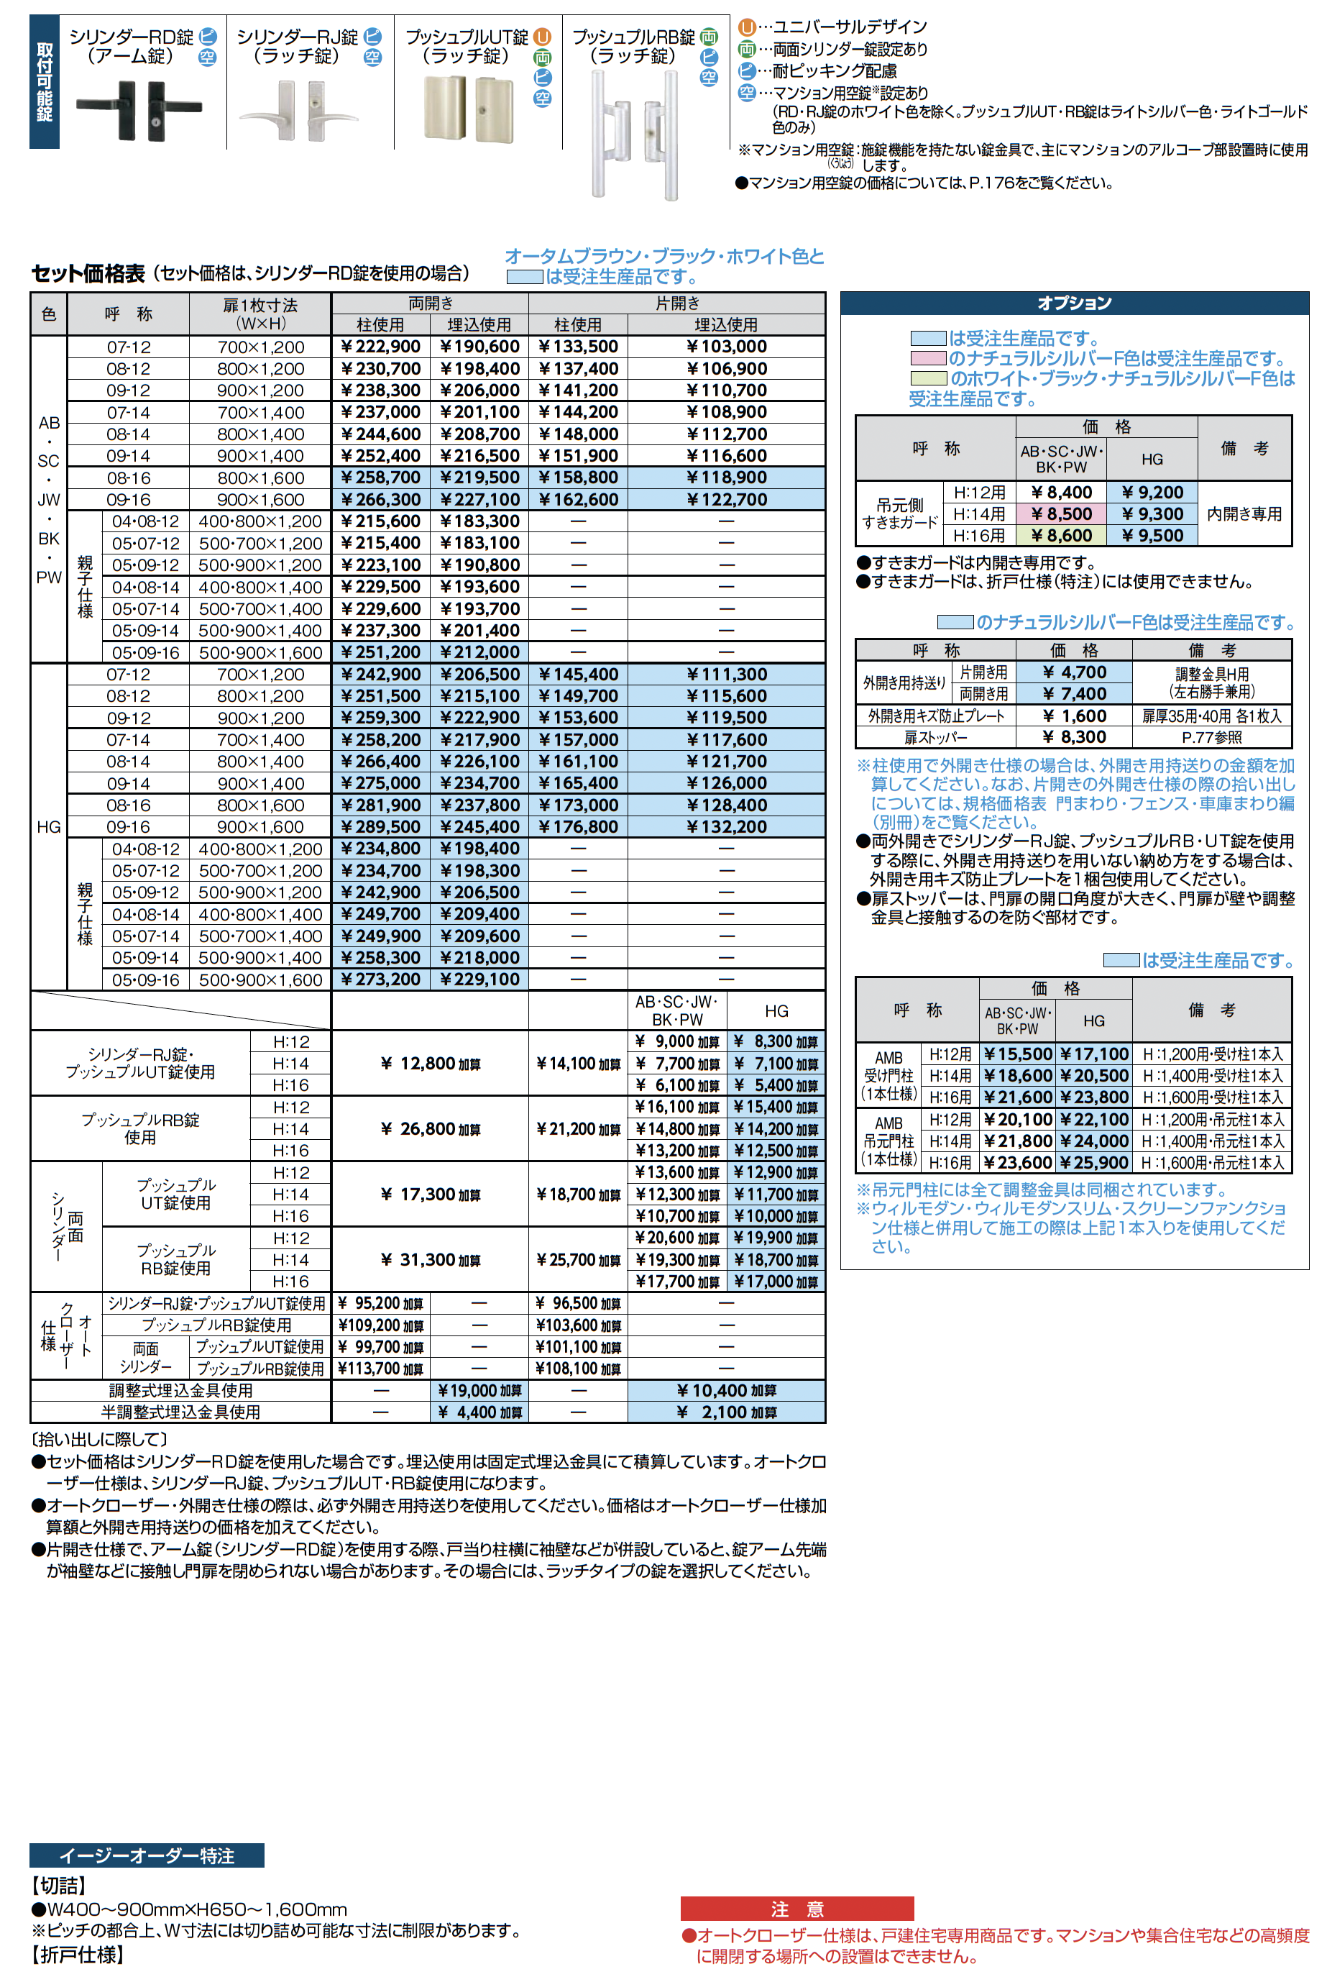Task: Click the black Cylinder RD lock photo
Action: [139, 109]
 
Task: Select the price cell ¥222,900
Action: [380, 347]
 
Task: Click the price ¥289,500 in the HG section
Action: [380, 827]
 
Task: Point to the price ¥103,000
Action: [726, 347]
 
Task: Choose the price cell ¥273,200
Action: [380, 979]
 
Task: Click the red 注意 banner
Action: [796, 1909]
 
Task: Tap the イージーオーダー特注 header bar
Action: [147, 1855]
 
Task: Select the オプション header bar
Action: [1074, 303]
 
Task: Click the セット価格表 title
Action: [88, 273]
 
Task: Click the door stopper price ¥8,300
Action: [1075, 737]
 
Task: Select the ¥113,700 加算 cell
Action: [380, 1368]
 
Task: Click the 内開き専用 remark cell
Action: [1243, 514]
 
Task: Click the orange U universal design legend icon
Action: [746, 28]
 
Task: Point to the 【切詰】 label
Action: [59, 1886]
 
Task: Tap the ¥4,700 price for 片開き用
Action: [1075, 672]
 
